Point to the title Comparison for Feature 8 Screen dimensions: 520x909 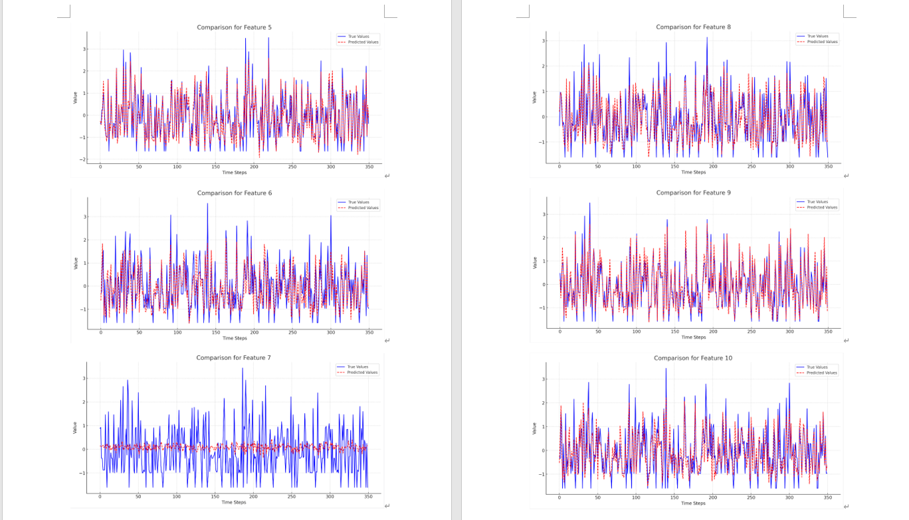(693, 27)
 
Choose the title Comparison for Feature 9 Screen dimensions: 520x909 (693, 193)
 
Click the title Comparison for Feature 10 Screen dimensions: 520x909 (693, 358)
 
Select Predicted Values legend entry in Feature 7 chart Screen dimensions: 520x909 (362, 373)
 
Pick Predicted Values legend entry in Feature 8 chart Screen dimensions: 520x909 (822, 42)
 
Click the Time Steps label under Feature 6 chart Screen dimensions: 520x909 (234, 338)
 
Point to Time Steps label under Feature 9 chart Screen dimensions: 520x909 (693, 337)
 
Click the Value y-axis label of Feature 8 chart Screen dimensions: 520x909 (534, 97)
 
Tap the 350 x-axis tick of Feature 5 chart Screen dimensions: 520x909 (369, 167)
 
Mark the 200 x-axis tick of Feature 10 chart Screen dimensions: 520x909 (713, 497)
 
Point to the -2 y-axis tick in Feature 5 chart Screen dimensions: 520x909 (82, 159)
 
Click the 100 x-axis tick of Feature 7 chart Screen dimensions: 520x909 (177, 497)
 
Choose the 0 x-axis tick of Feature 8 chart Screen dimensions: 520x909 (559, 167)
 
